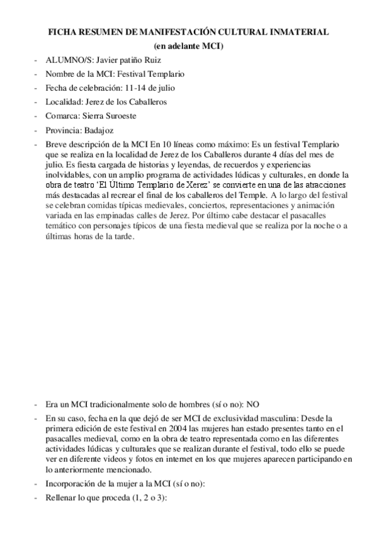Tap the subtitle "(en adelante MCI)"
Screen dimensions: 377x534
[189, 46]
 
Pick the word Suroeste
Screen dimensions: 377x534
[119, 116]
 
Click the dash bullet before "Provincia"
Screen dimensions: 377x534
[35, 130]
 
